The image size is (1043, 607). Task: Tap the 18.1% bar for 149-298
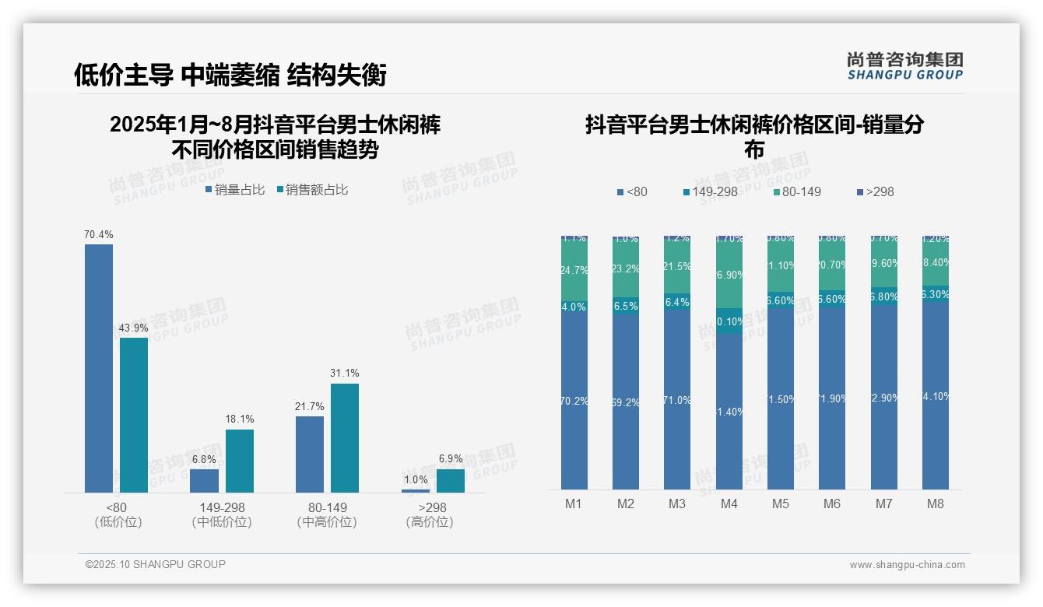click(240, 461)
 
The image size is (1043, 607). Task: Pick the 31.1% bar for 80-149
click(345, 437)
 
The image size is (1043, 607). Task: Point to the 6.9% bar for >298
click(451, 480)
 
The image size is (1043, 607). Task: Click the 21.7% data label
click(309, 407)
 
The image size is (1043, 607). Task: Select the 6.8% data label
click(204, 460)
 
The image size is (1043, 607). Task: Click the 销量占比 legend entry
click(235, 190)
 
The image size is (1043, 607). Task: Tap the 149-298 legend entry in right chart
click(710, 191)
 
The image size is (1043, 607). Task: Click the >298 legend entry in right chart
click(875, 191)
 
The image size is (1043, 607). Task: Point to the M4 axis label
click(729, 503)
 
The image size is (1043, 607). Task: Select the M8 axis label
click(936, 503)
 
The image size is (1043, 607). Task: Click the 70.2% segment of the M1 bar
click(574, 401)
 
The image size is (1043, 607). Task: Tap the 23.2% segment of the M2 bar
click(626, 268)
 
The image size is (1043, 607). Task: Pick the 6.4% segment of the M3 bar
click(677, 302)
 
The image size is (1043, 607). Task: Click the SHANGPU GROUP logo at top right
click(904, 66)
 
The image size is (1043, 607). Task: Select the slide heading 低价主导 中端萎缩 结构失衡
click(230, 75)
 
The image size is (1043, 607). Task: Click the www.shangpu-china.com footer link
click(907, 565)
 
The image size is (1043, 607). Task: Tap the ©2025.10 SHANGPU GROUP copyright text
click(156, 564)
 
